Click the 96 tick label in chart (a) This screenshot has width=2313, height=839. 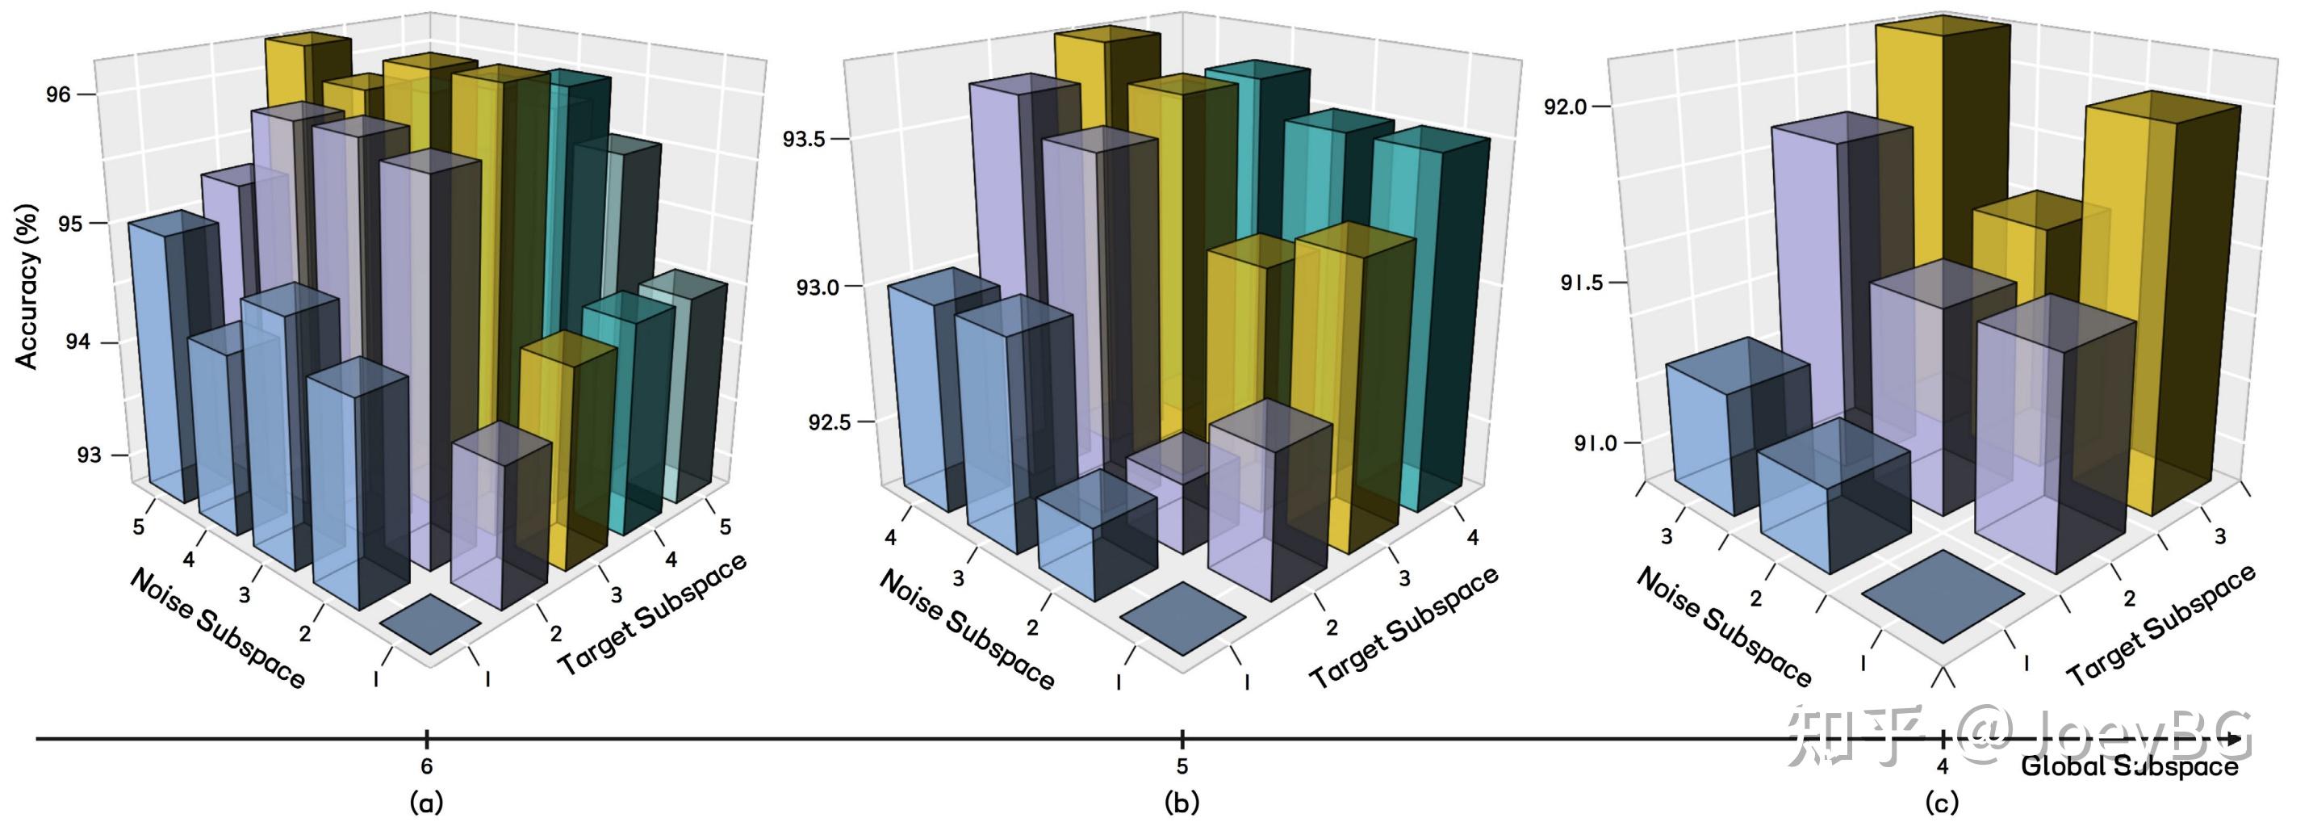[58, 94]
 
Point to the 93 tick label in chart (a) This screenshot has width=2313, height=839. [89, 455]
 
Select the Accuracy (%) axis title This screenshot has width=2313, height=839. [27, 287]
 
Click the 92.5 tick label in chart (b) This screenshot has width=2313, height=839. [829, 422]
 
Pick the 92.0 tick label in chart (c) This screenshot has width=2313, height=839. [1565, 107]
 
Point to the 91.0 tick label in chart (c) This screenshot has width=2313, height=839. [1595, 443]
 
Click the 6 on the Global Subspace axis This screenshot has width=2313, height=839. [426, 766]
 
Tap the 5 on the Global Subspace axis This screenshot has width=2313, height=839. [1182, 766]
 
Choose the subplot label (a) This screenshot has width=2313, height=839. [425, 801]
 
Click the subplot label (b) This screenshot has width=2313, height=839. [1181, 801]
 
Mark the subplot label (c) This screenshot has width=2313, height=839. [1941, 801]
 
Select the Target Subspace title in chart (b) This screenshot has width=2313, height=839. [1403, 627]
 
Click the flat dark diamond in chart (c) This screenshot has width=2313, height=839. [1943, 597]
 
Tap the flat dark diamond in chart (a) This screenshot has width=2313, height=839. [430, 623]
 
